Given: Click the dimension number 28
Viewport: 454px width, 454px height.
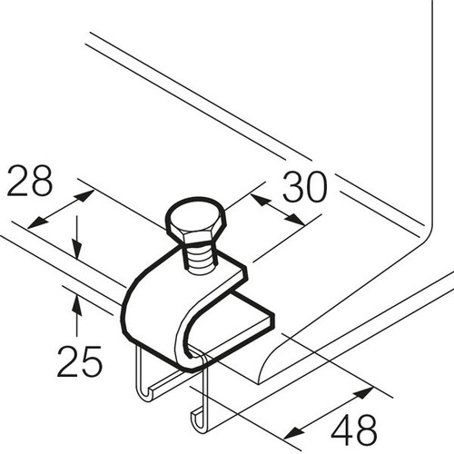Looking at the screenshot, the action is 30,181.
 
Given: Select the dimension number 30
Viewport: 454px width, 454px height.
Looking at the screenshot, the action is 305,187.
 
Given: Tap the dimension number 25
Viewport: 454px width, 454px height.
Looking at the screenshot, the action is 80,361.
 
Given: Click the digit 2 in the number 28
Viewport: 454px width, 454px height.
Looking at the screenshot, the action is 17,181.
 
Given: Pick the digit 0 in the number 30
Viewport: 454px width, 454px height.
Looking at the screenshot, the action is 317,187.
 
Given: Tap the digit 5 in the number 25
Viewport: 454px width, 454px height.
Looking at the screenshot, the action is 92,362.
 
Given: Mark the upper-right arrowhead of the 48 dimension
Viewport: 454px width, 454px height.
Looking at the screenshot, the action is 363,392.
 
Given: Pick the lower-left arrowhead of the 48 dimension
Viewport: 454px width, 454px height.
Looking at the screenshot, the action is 293,433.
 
